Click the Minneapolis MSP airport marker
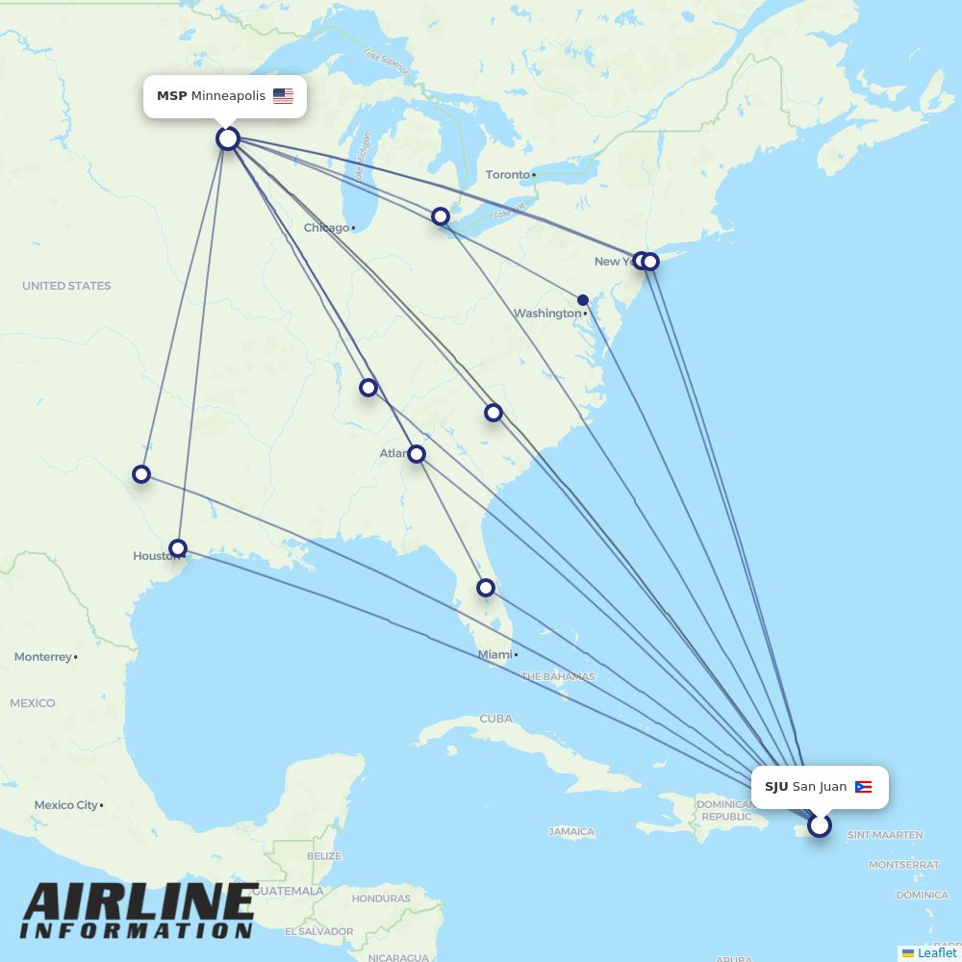[x=227, y=139]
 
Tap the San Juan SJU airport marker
[x=819, y=825]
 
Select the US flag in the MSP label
[x=283, y=96]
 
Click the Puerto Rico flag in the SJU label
[x=863, y=787]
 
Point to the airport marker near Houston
[x=178, y=548]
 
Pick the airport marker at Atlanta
[x=417, y=453]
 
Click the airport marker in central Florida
[x=486, y=587]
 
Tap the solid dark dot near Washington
[x=583, y=300]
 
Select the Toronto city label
[x=508, y=174]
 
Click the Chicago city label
[x=326, y=228]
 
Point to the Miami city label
[x=494, y=654]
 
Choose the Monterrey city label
[x=43, y=657]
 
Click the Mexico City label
[x=65, y=805]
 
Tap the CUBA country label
[x=495, y=719]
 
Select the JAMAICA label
[x=571, y=831]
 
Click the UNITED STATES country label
[x=66, y=286]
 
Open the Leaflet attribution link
[x=936, y=952]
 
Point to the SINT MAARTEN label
[x=884, y=835]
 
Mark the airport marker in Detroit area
[x=441, y=216]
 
